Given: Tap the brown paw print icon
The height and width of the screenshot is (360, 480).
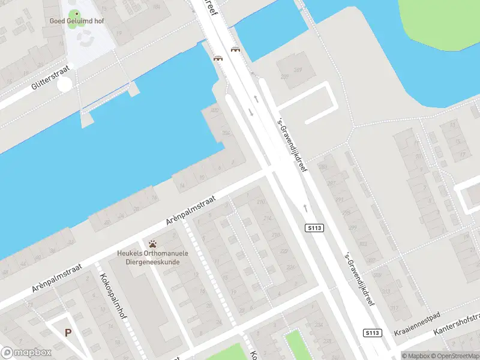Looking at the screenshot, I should point(154,244).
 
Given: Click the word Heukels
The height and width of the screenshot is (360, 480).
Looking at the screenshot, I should point(131,253).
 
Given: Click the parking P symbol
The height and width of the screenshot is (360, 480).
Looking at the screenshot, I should point(68,332).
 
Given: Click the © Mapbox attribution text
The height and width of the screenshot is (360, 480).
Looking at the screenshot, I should point(416,356).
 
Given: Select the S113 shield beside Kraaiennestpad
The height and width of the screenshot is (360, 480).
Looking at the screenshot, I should point(372,332).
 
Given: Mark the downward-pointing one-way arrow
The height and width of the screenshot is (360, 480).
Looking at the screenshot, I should point(251,112).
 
